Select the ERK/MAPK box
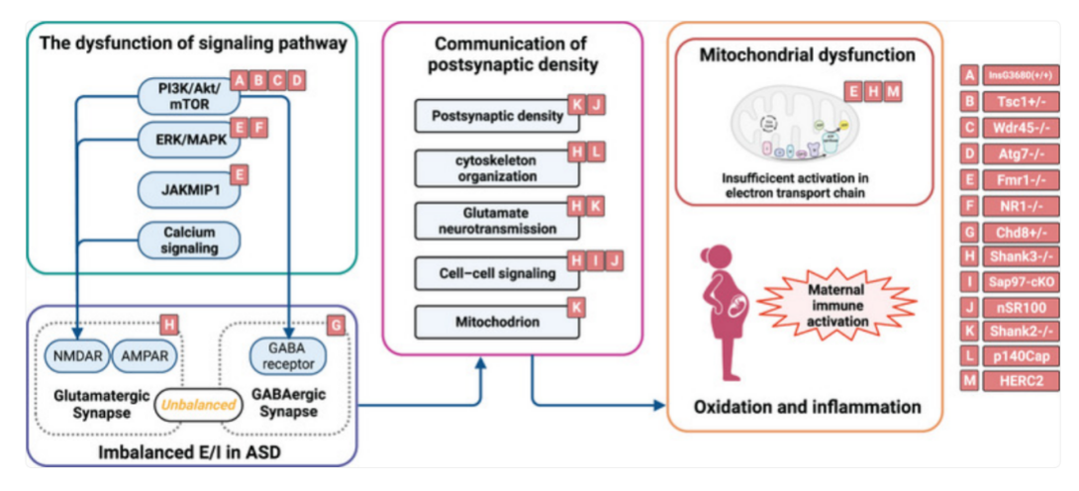point(184,139)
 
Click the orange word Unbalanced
point(200,405)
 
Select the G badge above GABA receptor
point(337,323)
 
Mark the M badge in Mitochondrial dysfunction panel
point(894,91)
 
